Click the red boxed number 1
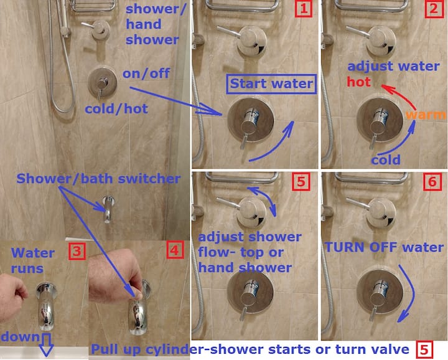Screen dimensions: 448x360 click(304, 9)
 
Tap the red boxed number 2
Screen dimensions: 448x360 click(434, 9)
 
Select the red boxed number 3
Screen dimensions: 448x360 click(77, 251)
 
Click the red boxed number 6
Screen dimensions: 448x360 click(432, 182)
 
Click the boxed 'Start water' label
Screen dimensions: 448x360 click(271, 84)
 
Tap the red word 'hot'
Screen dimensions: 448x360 click(358, 82)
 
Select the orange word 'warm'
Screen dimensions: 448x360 click(426, 115)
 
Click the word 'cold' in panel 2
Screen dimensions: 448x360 click(386, 160)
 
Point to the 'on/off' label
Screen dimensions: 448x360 click(146, 73)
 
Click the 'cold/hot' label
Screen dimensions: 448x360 click(116, 109)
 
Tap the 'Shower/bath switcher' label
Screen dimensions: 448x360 click(98, 179)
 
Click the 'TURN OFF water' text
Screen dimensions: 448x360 click(385, 247)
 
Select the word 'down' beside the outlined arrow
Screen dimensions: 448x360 click(20, 336)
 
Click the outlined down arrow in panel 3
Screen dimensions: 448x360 click(46, 345)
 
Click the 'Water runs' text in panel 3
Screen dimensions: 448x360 click(32, 261)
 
